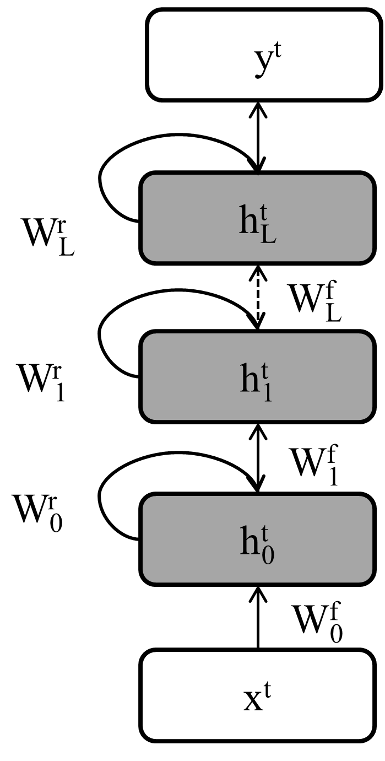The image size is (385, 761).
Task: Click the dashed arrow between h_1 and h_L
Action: tap(257, 298)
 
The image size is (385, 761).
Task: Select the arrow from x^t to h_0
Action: tap(257, 617)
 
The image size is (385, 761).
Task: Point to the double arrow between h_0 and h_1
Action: tap(257, 457)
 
